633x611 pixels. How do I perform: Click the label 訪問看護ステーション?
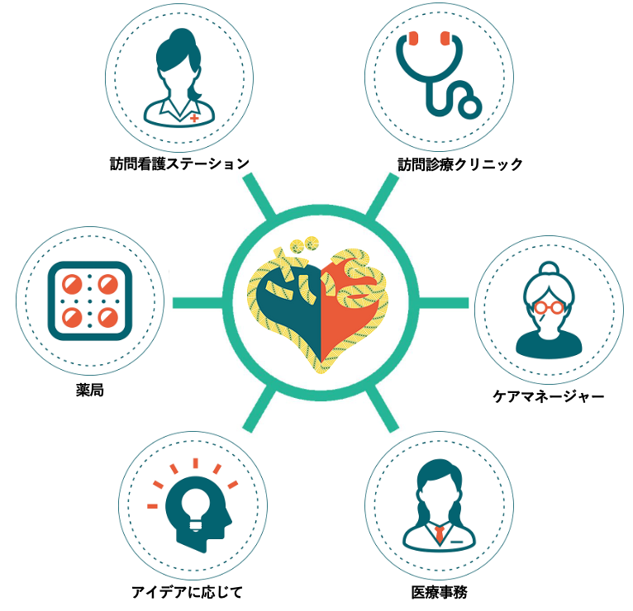[x=180, y=163]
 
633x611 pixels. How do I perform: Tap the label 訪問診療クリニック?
[x=460, y=163]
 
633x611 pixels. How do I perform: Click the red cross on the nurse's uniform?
[x=194, y=118]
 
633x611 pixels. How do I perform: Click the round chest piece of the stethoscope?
[x=469, y=106]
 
